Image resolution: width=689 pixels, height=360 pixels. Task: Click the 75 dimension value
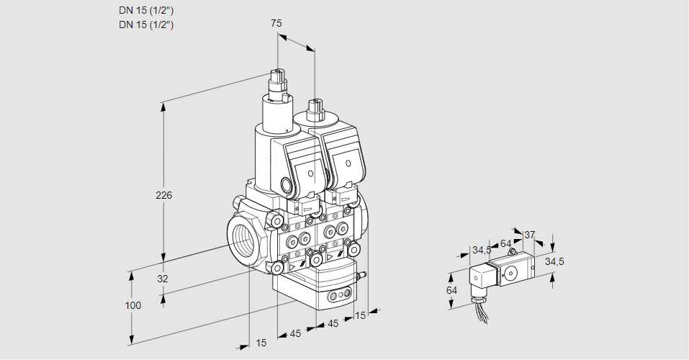pyautogui.click(x=276, y=23)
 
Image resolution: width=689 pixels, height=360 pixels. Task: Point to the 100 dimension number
pyautogui.click(x=133, y=305)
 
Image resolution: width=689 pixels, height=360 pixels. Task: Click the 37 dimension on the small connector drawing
pyautogui.click(x=530, y=235)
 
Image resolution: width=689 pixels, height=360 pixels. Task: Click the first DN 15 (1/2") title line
pyautogui.click(x=147, y=10)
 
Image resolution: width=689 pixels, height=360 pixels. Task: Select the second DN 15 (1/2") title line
pyautogui.click(x=147, y=24)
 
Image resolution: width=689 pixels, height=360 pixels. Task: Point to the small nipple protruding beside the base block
pyautogui.click(x=363, y=274)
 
